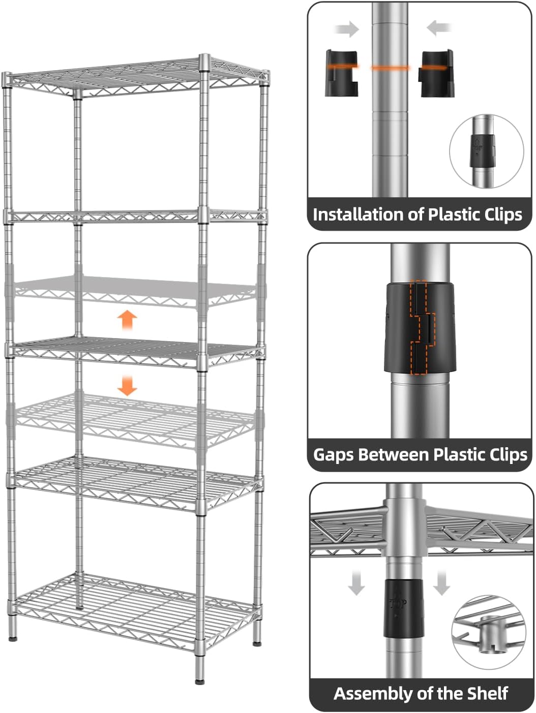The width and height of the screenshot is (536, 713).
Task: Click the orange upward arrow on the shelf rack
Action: click(x=127, y=321)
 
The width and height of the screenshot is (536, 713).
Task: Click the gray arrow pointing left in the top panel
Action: click(x=440, y=28)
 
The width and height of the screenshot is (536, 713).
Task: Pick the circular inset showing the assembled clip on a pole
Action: click(x=486, y=151)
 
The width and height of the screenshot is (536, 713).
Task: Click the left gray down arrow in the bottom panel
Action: click(x=356, y=582)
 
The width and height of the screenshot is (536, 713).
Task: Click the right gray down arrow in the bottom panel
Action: click(x=441, y=582)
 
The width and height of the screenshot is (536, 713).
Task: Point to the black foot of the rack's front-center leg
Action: click(x=200, y=680)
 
